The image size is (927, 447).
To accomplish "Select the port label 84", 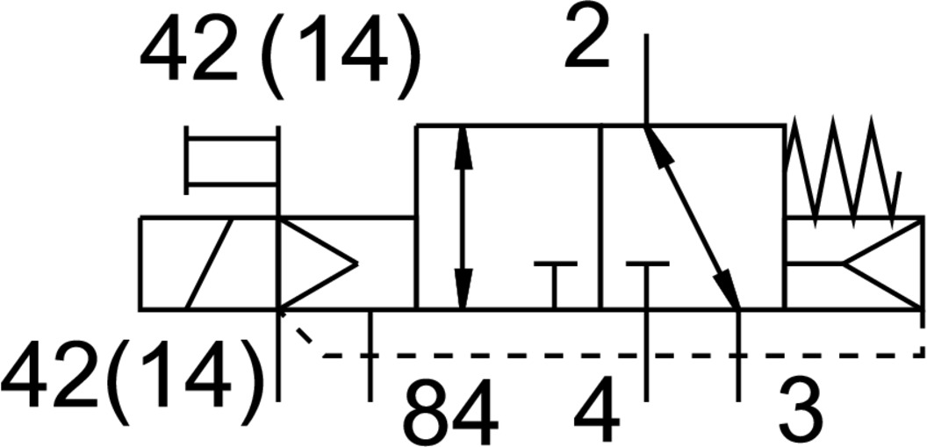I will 450,411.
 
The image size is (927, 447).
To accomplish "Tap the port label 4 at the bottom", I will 597,411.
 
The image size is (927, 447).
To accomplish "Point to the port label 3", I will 801,411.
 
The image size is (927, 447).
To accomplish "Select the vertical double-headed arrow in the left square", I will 463,217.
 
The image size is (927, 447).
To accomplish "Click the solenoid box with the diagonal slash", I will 208,263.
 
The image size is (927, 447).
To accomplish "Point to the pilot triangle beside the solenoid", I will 316,263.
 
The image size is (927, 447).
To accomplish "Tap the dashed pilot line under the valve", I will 614,356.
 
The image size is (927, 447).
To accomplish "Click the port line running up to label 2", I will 646,79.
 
